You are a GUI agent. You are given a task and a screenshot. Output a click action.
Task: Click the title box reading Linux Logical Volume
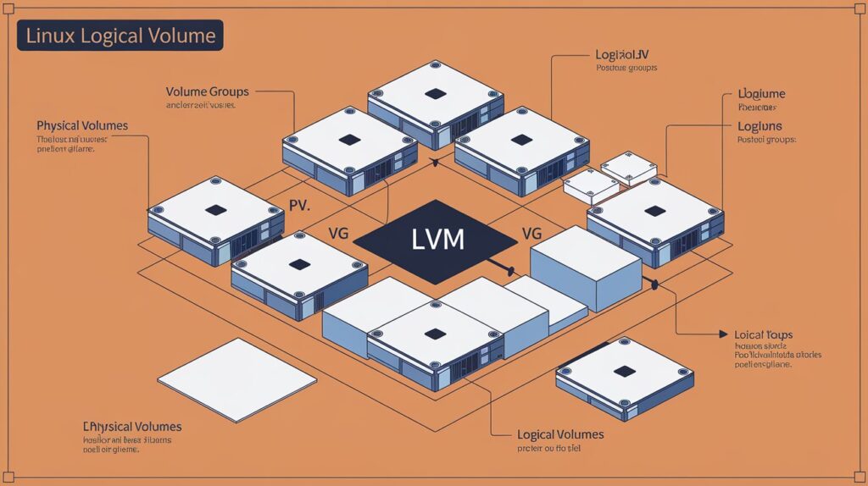tap(120, 36)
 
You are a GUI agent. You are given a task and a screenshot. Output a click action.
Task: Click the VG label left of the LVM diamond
tap(337, 233)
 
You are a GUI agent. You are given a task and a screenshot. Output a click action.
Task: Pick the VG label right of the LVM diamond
tap(531, 233)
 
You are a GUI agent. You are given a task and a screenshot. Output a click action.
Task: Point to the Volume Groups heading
tap(207, 91)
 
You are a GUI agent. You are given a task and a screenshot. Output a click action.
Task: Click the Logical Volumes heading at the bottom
tap(560, 434)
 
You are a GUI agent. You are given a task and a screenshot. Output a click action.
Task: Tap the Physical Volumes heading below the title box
tap(82, 125)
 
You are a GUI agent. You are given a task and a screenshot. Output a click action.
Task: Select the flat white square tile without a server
tap(225, 380)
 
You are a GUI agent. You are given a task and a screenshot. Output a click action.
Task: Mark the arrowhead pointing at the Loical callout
tap(722, 334)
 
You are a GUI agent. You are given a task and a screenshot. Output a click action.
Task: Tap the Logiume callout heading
tap(761, 93)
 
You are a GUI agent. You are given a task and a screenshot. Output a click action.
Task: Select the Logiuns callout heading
tap(759, 126)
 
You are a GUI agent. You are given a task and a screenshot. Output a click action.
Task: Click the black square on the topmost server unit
tap(436, 93)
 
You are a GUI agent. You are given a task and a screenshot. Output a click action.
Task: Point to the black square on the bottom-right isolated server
tap(625, 371)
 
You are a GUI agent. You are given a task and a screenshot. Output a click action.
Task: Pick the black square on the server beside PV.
tap(216, 210)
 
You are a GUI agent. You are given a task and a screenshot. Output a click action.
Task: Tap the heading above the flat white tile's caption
tap(132, 427)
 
